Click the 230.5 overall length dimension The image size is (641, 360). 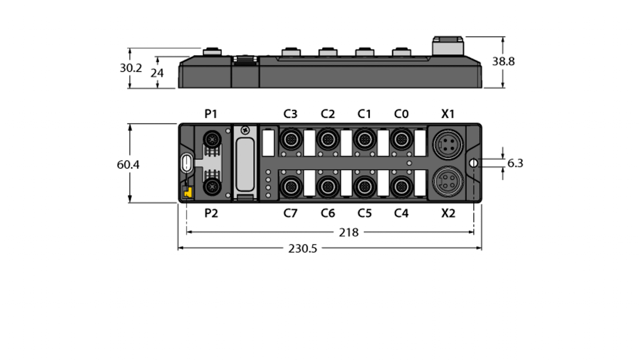point(302,249)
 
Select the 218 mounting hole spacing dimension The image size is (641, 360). point(348,232)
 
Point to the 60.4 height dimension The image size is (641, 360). point(128,164)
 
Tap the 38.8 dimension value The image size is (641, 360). point(503,61)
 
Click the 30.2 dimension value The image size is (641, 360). point(130,68)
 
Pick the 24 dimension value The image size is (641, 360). point(157,73)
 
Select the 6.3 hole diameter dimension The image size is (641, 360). point(515,163)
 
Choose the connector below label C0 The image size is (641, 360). point(400,140)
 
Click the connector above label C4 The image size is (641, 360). point(400,185)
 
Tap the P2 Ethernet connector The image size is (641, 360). point(211,185)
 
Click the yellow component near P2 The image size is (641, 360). point(187,193)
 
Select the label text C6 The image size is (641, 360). point(328,213)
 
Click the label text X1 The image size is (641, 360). point(447,114)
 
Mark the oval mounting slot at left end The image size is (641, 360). point(186,163)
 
